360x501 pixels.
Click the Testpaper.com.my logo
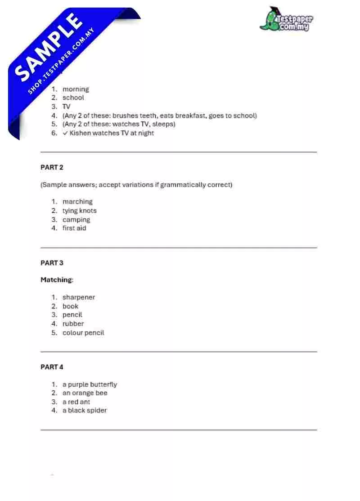[x=286, y=19]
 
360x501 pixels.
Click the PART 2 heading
[x=52, y=167]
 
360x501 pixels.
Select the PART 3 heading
[x=52, y=263]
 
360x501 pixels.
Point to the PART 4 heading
[x=52, y=367]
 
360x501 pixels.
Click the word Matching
[x=56, y=280]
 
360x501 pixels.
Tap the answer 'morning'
[x=76, y=89]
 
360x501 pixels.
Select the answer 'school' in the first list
[x=73, y=98]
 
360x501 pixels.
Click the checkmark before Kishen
[x=65, y=133]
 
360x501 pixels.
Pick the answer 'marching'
[x=77, y=201]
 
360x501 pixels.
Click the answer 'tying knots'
[x=79, y=210]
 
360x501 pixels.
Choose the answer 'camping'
[x=76, y=219]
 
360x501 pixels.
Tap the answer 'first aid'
[x=74, y=228]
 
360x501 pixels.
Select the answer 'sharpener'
[x=79, y=297]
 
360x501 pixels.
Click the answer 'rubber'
[x=73, y=324]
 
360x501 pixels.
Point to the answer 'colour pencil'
[x=83, y=333]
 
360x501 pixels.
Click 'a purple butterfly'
[x=90, y=385]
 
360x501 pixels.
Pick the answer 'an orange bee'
[x=85, y=393]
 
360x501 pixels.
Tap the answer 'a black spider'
[x=85, y=410]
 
